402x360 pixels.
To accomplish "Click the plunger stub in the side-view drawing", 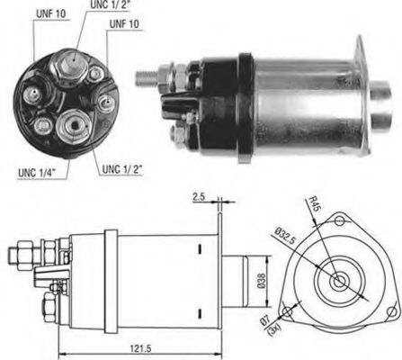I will point(242,272).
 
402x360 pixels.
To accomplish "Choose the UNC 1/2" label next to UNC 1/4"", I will point(122,168).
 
